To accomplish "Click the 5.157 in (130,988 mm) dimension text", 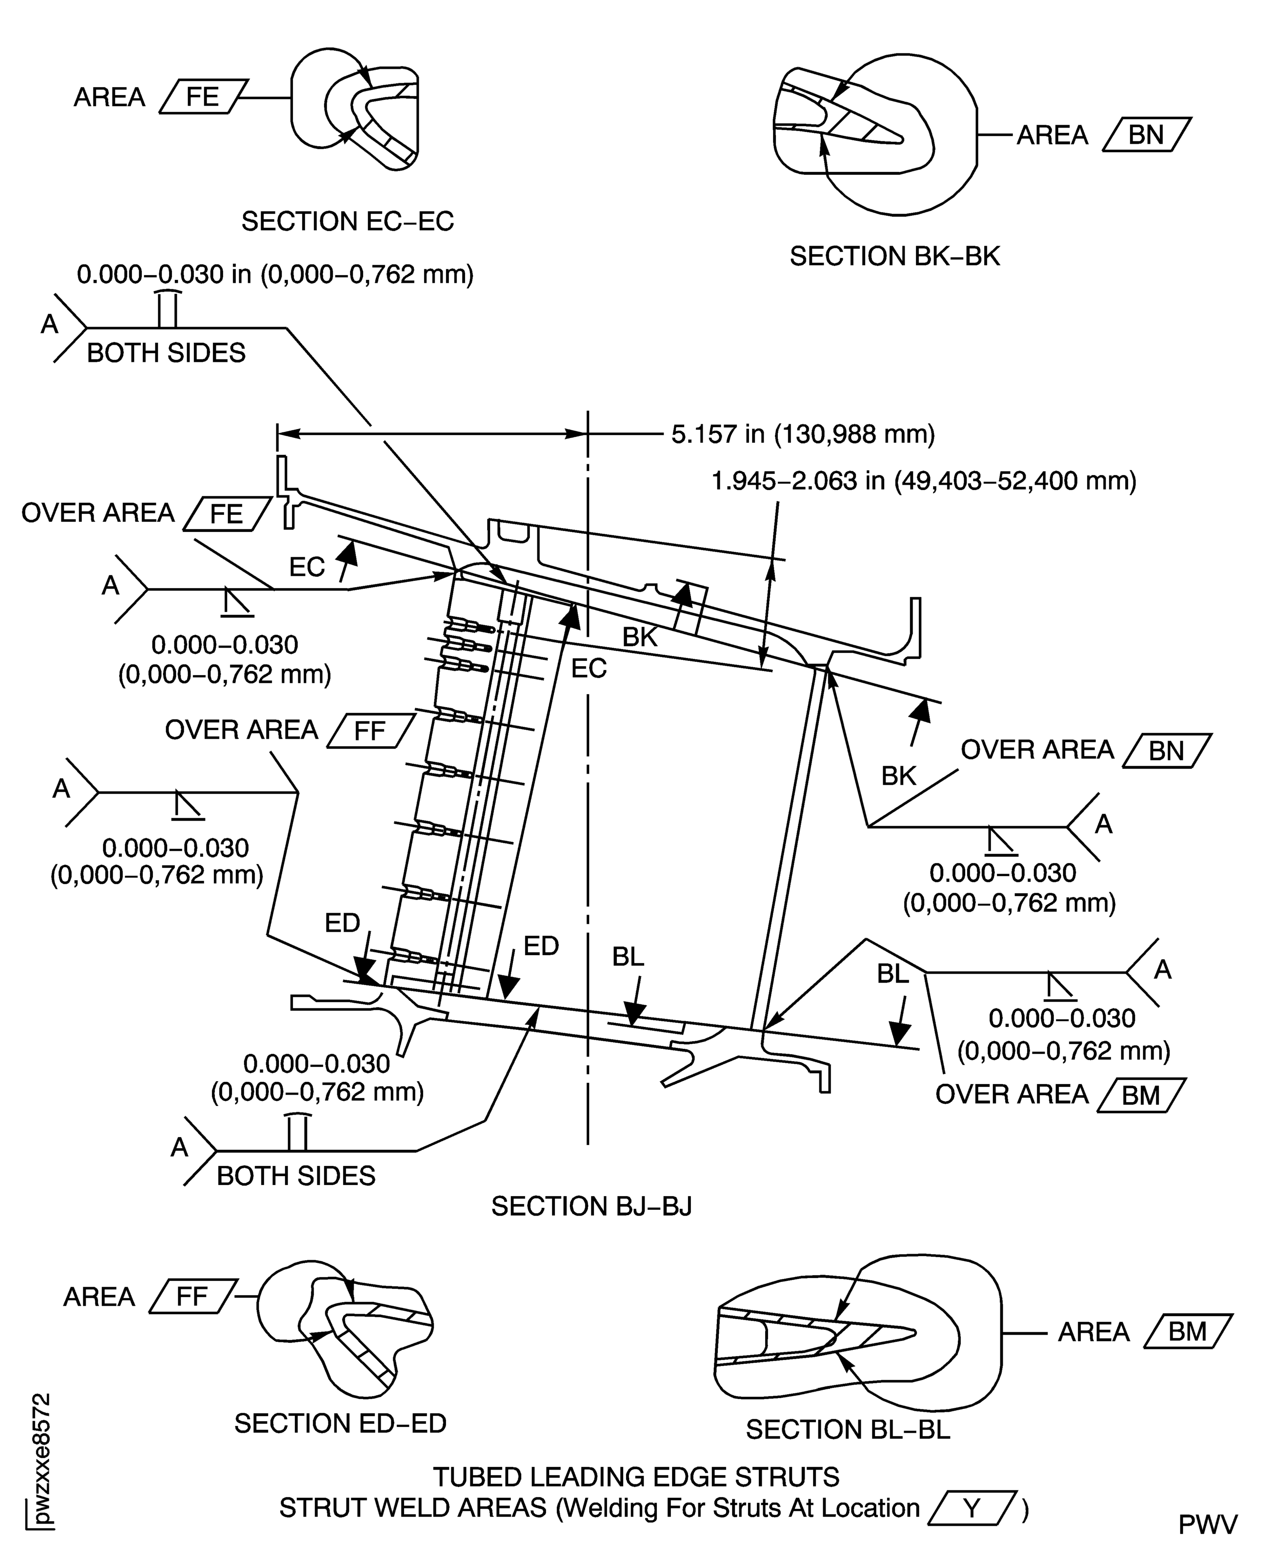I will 803,434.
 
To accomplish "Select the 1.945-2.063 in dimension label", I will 923,481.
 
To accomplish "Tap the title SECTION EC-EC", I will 347,221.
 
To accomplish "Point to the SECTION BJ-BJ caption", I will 591,1206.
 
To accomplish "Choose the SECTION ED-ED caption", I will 340,1423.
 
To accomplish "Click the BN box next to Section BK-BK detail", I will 1146,135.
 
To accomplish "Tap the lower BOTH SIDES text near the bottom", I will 296,1176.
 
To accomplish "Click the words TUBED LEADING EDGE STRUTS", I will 636,1477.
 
